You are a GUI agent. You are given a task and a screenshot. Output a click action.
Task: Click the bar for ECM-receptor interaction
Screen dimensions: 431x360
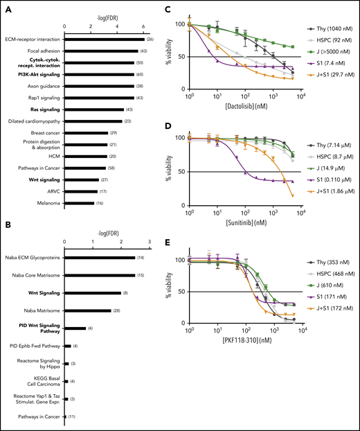tap(104, 39)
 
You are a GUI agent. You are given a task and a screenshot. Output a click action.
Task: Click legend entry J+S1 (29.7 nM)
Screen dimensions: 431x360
tap(330, 71)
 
